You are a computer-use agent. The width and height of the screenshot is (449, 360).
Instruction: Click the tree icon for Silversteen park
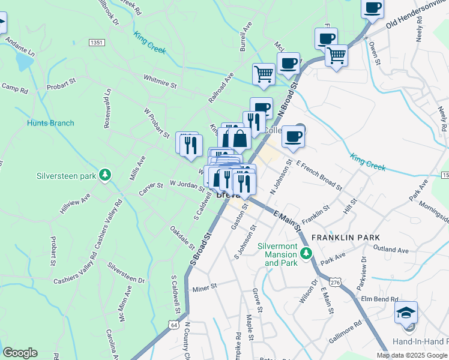(x=106, y=175)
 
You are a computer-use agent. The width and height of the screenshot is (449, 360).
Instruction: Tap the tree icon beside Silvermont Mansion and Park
(x=306, y=253)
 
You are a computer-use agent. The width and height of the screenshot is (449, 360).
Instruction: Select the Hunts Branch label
(x=50, y=123)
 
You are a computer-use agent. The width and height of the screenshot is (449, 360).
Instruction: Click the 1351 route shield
(x=96, y=43)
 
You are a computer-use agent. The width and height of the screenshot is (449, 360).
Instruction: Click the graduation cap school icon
(x=406, y=312)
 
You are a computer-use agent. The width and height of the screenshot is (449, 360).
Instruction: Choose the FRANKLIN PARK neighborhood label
(x=354, y=238)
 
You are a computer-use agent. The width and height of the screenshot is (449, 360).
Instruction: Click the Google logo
(x=20, y=353)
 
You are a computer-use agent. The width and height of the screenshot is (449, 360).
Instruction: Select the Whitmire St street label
(x=160, y=81)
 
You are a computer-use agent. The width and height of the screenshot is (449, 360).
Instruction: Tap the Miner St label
(x=205, y=289)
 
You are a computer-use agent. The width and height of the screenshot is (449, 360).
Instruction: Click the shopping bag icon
(x=240, y=139)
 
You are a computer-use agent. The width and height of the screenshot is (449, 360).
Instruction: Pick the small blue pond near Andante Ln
(x=25, y=61)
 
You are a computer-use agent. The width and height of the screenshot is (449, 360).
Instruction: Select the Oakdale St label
(x=182, y=238)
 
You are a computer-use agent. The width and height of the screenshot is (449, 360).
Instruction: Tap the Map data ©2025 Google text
(x=412, y=355)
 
